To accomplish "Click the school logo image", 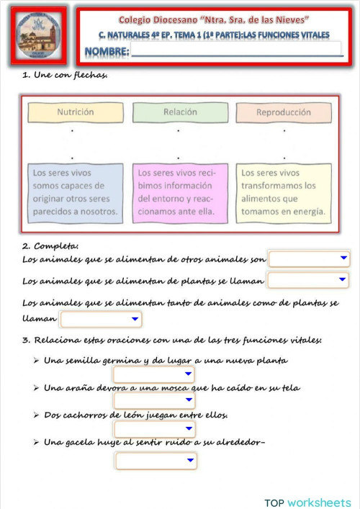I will pyautogui.click(x=40, y=37).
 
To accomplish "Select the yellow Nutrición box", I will pyautogui.click(x=75, y=112).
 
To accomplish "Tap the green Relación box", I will pyautogui.click(x=180, y=112).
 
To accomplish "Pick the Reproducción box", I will pyautogui.click(x=284, y=112).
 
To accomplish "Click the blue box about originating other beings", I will pyautogui.click(x=75, y=192).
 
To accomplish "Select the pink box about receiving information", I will pyautogui.click(x=180, y=192).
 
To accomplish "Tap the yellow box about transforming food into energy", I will pyautogui.click(x=284, y=192).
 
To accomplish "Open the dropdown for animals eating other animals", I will pyautogui.click(x=309, y=258).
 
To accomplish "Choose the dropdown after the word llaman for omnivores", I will pyautogui.click(x=101, y=319).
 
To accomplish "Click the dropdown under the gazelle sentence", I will pyautogui.click(x=156, y=460).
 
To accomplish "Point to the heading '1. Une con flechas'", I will pyautogui.click(x=65, y=76).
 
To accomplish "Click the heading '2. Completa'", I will pyautogui.click(x=50, y=246).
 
